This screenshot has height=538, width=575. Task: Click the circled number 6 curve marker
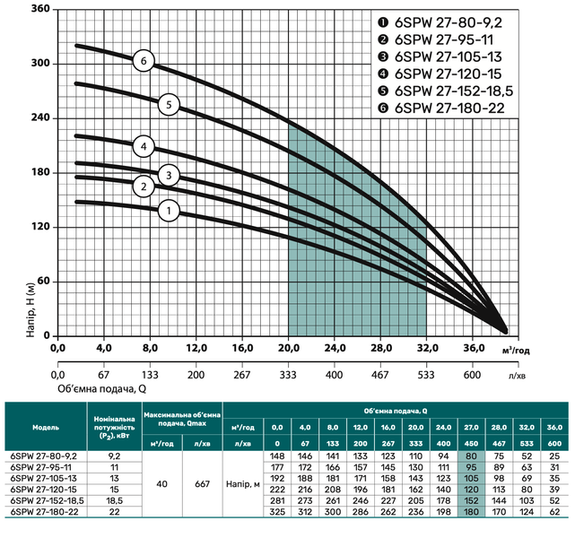pos(144,61)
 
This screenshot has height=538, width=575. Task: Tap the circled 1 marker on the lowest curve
pos(169,211)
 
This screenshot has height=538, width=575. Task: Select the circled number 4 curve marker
pos(144,146)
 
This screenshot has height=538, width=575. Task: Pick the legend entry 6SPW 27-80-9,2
pos(440,22)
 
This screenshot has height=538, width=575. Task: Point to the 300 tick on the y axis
pos(40,63)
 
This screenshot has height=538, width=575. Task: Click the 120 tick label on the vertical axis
pos(40,227)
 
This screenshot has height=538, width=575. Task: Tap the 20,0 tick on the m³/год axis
pos(288,348)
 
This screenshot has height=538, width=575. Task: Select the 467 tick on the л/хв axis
pos(380,375)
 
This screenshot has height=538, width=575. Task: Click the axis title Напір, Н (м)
pos(30,310)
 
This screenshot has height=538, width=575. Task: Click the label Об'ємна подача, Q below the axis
pos(102,389)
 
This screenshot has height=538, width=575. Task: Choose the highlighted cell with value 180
pos(471,512)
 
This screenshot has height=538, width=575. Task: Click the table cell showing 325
pos(277,512)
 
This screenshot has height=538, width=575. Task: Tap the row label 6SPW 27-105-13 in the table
pos(41,478)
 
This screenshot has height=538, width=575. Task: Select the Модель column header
pos(46,428)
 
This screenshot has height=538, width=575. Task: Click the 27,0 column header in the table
pos(471,428)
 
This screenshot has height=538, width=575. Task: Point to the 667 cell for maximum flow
pos(202,484)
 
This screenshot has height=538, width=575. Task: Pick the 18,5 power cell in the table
pos(115,500)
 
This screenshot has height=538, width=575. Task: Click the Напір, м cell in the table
pos(243,484)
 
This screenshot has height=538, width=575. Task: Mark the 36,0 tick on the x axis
pos(473,348)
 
